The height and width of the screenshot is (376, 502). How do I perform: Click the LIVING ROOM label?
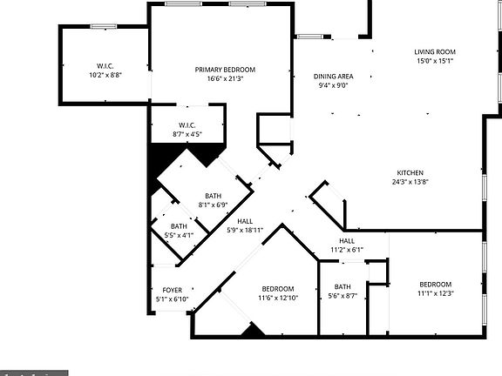(434, 52)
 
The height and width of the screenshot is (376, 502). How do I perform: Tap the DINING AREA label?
(333, 77)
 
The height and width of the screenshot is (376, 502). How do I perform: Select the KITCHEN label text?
(410, 172)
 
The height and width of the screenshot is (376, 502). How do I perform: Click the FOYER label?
(172, 290)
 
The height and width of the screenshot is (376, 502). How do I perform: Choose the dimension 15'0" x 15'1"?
(434, 62)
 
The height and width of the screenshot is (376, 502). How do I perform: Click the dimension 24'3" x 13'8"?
(410, 182)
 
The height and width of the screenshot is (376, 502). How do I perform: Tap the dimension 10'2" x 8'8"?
(105, 77)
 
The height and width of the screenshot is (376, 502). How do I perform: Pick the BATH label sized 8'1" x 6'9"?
(214, 196)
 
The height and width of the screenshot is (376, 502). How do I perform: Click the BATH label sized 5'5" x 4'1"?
(179, 226)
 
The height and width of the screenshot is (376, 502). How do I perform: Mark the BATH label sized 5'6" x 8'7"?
(343, 286)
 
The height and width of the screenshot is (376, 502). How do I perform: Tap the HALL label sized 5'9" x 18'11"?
(245, 221)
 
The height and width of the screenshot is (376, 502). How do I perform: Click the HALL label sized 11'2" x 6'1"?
(347, 241)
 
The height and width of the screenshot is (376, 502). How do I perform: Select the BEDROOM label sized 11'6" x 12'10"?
(278, 289)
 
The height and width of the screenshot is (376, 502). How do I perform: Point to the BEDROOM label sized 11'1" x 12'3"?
(435, 285)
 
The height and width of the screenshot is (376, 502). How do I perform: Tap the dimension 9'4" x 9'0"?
(333, 86)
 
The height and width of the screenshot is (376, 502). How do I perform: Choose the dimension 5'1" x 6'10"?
(172, 299)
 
